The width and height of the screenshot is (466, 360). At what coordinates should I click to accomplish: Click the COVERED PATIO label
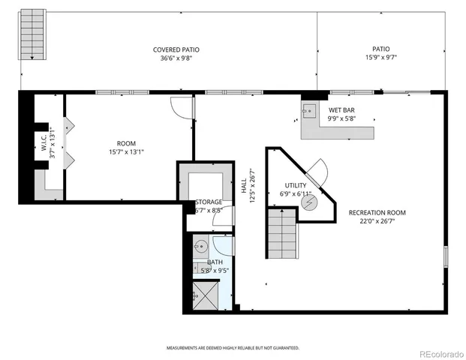tap(176, 49)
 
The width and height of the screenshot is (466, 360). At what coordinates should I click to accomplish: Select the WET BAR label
tap(341, 109)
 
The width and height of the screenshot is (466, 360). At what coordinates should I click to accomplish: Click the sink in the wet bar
tap(308, 109)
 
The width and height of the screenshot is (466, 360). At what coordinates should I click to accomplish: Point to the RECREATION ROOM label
tap(377, 213)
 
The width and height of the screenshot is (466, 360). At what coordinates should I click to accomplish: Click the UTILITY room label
tap(295, 185)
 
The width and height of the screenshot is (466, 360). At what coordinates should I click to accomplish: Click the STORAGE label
tap(209, 202)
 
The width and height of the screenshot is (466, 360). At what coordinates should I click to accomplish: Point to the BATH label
tap(204, 262)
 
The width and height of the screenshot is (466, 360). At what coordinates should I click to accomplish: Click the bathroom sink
tap(200, 247)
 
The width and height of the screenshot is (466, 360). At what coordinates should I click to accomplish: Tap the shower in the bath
tap(206, 293)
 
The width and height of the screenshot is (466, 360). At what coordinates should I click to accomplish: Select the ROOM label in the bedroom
tap(126, 143)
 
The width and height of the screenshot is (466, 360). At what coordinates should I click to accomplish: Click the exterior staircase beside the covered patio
tap(32, 34)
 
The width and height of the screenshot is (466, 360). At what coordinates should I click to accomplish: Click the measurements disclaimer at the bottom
tap(233, 347)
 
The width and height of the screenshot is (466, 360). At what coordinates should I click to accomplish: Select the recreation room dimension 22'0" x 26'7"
tap(377, 221)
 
